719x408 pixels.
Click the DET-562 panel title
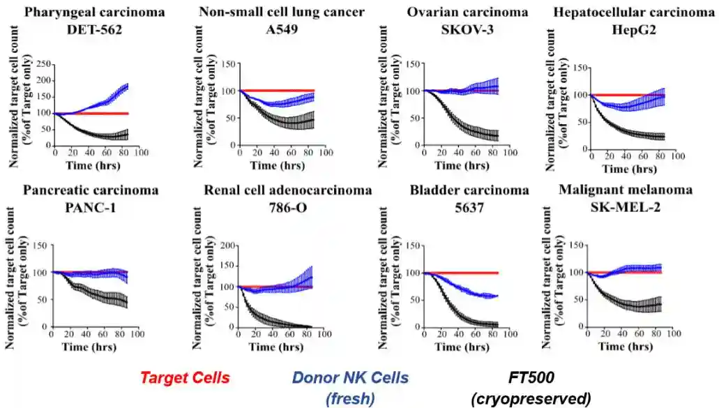click(94, 29)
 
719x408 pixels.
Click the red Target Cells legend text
click(185, 378)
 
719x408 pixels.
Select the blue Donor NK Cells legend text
click(350, 378)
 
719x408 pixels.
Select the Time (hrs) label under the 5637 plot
click(457, 346)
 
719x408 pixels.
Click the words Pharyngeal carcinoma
click(94, 12)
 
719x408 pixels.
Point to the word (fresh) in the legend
click(350, 398)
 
